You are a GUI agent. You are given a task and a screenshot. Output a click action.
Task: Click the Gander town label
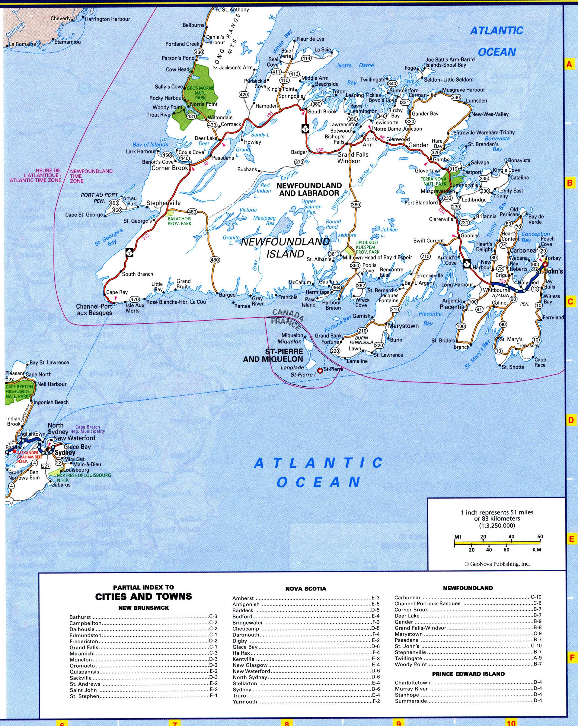tap(418, 145)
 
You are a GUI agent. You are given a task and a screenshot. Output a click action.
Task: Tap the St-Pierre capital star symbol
tap(320, 371)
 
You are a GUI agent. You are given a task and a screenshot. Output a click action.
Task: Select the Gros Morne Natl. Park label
tap(200, 93)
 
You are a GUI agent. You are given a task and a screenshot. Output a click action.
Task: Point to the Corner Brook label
tap(170, 168)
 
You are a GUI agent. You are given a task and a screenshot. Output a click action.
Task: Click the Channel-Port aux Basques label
tap(94, 309)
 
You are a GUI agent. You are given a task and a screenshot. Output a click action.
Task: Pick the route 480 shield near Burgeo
tap(215, 260)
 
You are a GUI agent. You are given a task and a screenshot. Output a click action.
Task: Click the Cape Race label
tap(540, 362)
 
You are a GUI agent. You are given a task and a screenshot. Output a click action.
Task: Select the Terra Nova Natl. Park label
tap(433, 182)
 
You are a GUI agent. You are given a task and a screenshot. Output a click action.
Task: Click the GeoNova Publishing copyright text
tap(497, 564)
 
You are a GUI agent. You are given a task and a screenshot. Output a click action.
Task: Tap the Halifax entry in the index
tap(241, 653)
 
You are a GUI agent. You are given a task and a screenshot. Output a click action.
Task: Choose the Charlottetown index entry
tap(413, 683)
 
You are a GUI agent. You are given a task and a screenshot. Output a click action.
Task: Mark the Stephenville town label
tap(164, 203)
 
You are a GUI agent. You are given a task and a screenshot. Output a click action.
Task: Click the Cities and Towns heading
tap(144, 597)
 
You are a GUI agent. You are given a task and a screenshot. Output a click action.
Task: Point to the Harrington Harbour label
tap(107, 19)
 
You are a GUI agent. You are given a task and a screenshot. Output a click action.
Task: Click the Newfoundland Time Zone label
tap(91, 176)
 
